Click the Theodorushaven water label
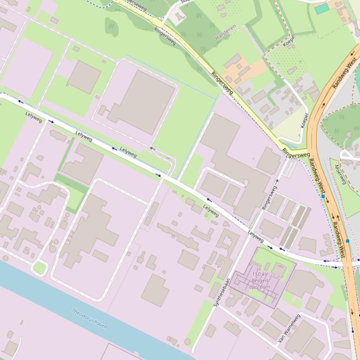coord(89,318)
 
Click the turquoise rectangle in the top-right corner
coord(322,8)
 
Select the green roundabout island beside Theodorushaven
coord(40,268)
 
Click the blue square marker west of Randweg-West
coord(323,196)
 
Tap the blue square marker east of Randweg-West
coord(347,241)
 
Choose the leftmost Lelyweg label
coord(34,117)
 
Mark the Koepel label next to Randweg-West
coord(305,121)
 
